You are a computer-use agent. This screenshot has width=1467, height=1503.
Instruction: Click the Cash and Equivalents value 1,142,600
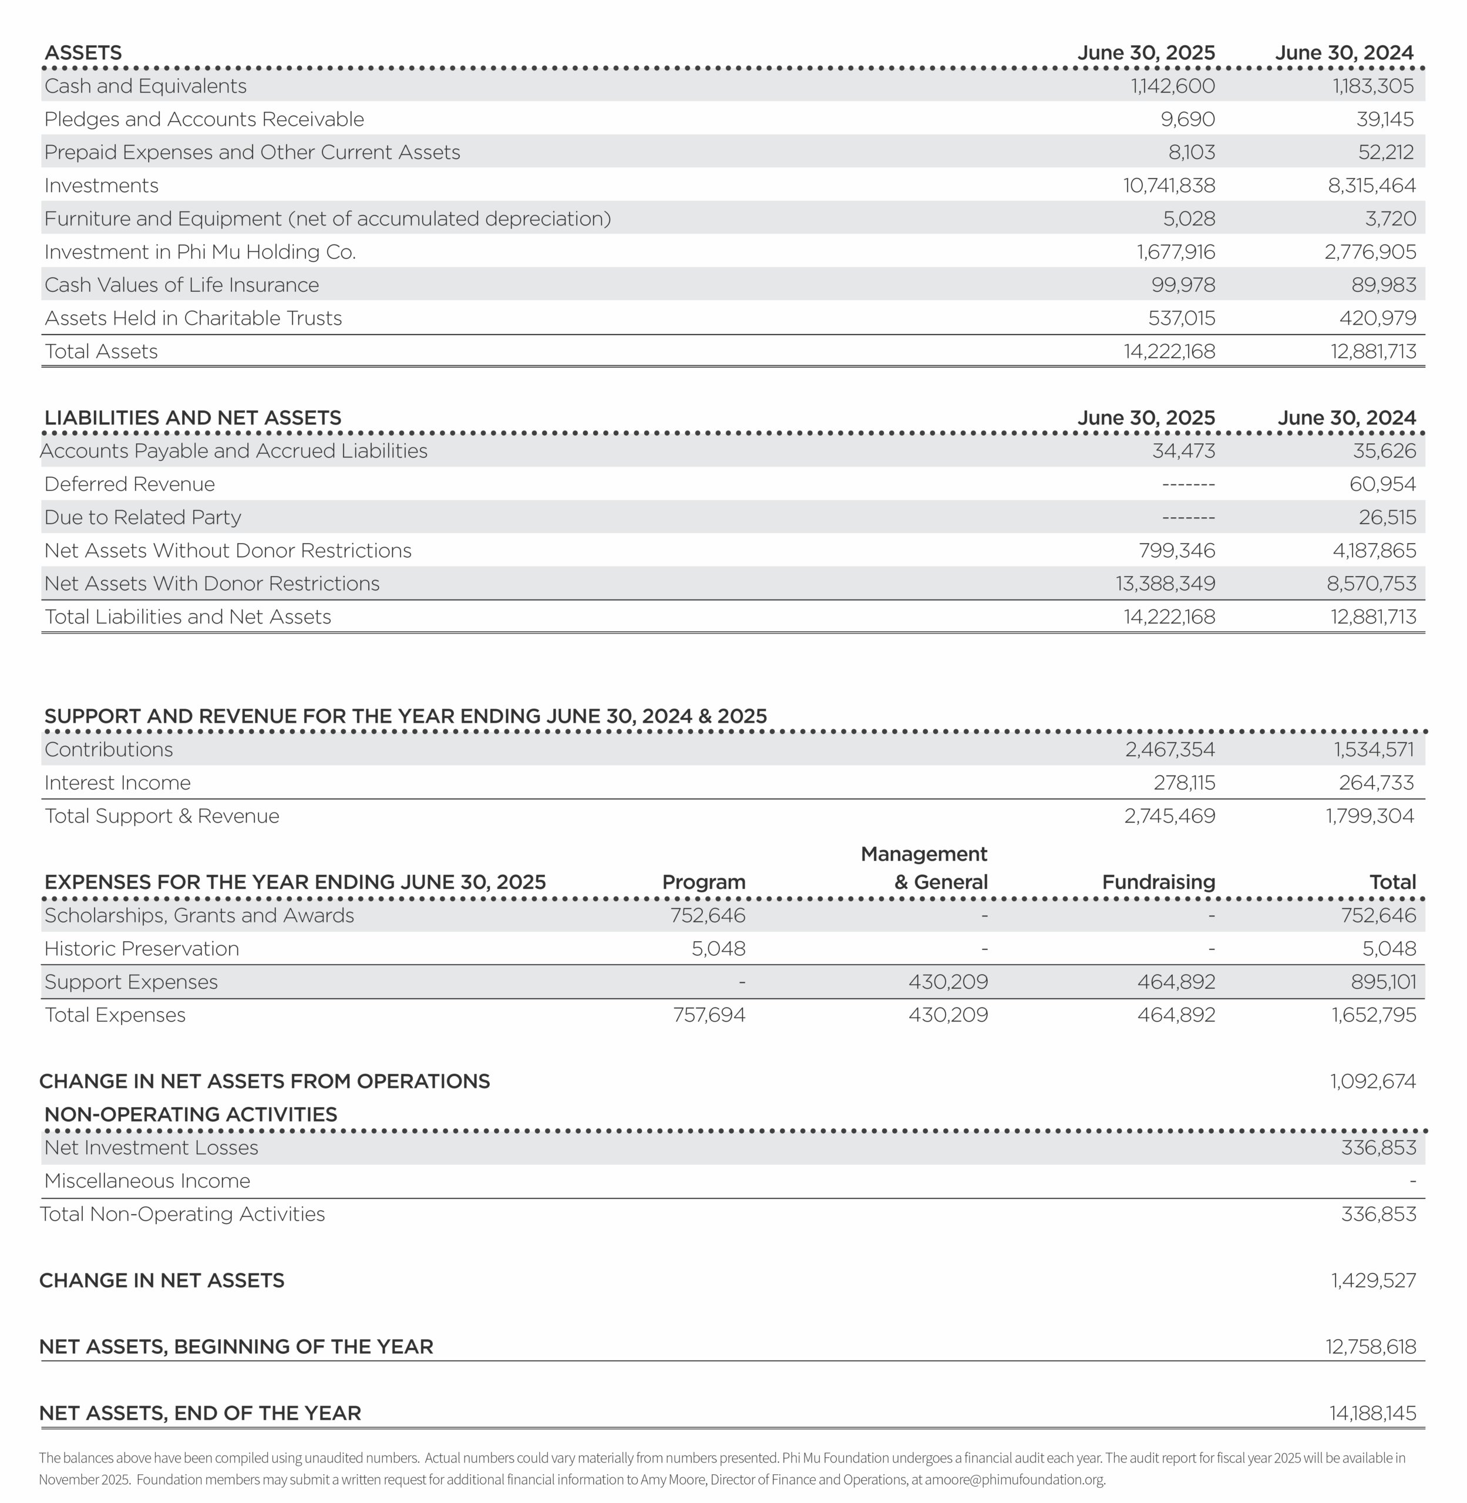click(x=1172, y=86)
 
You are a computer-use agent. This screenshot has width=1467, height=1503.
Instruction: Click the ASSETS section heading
click(x=83, y=53)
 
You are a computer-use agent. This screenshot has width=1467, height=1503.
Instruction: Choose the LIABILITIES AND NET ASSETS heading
click(x=193, y=418)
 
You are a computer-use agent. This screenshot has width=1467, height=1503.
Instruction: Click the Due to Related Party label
click(x=143, y=518)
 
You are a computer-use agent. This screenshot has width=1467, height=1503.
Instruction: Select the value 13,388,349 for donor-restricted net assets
click(x=1165, y=584)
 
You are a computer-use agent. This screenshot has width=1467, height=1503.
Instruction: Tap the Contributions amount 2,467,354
click(x=1170, y=750)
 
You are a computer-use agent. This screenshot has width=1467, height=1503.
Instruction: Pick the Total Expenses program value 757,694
click(x=709, y=1015)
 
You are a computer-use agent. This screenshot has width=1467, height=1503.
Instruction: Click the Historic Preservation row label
click(x=142, y=949)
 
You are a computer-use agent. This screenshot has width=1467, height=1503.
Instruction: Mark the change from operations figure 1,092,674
click(x=1372, y=1081)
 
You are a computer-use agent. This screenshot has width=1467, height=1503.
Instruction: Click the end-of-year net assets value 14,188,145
click(x=1372, y=1414)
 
